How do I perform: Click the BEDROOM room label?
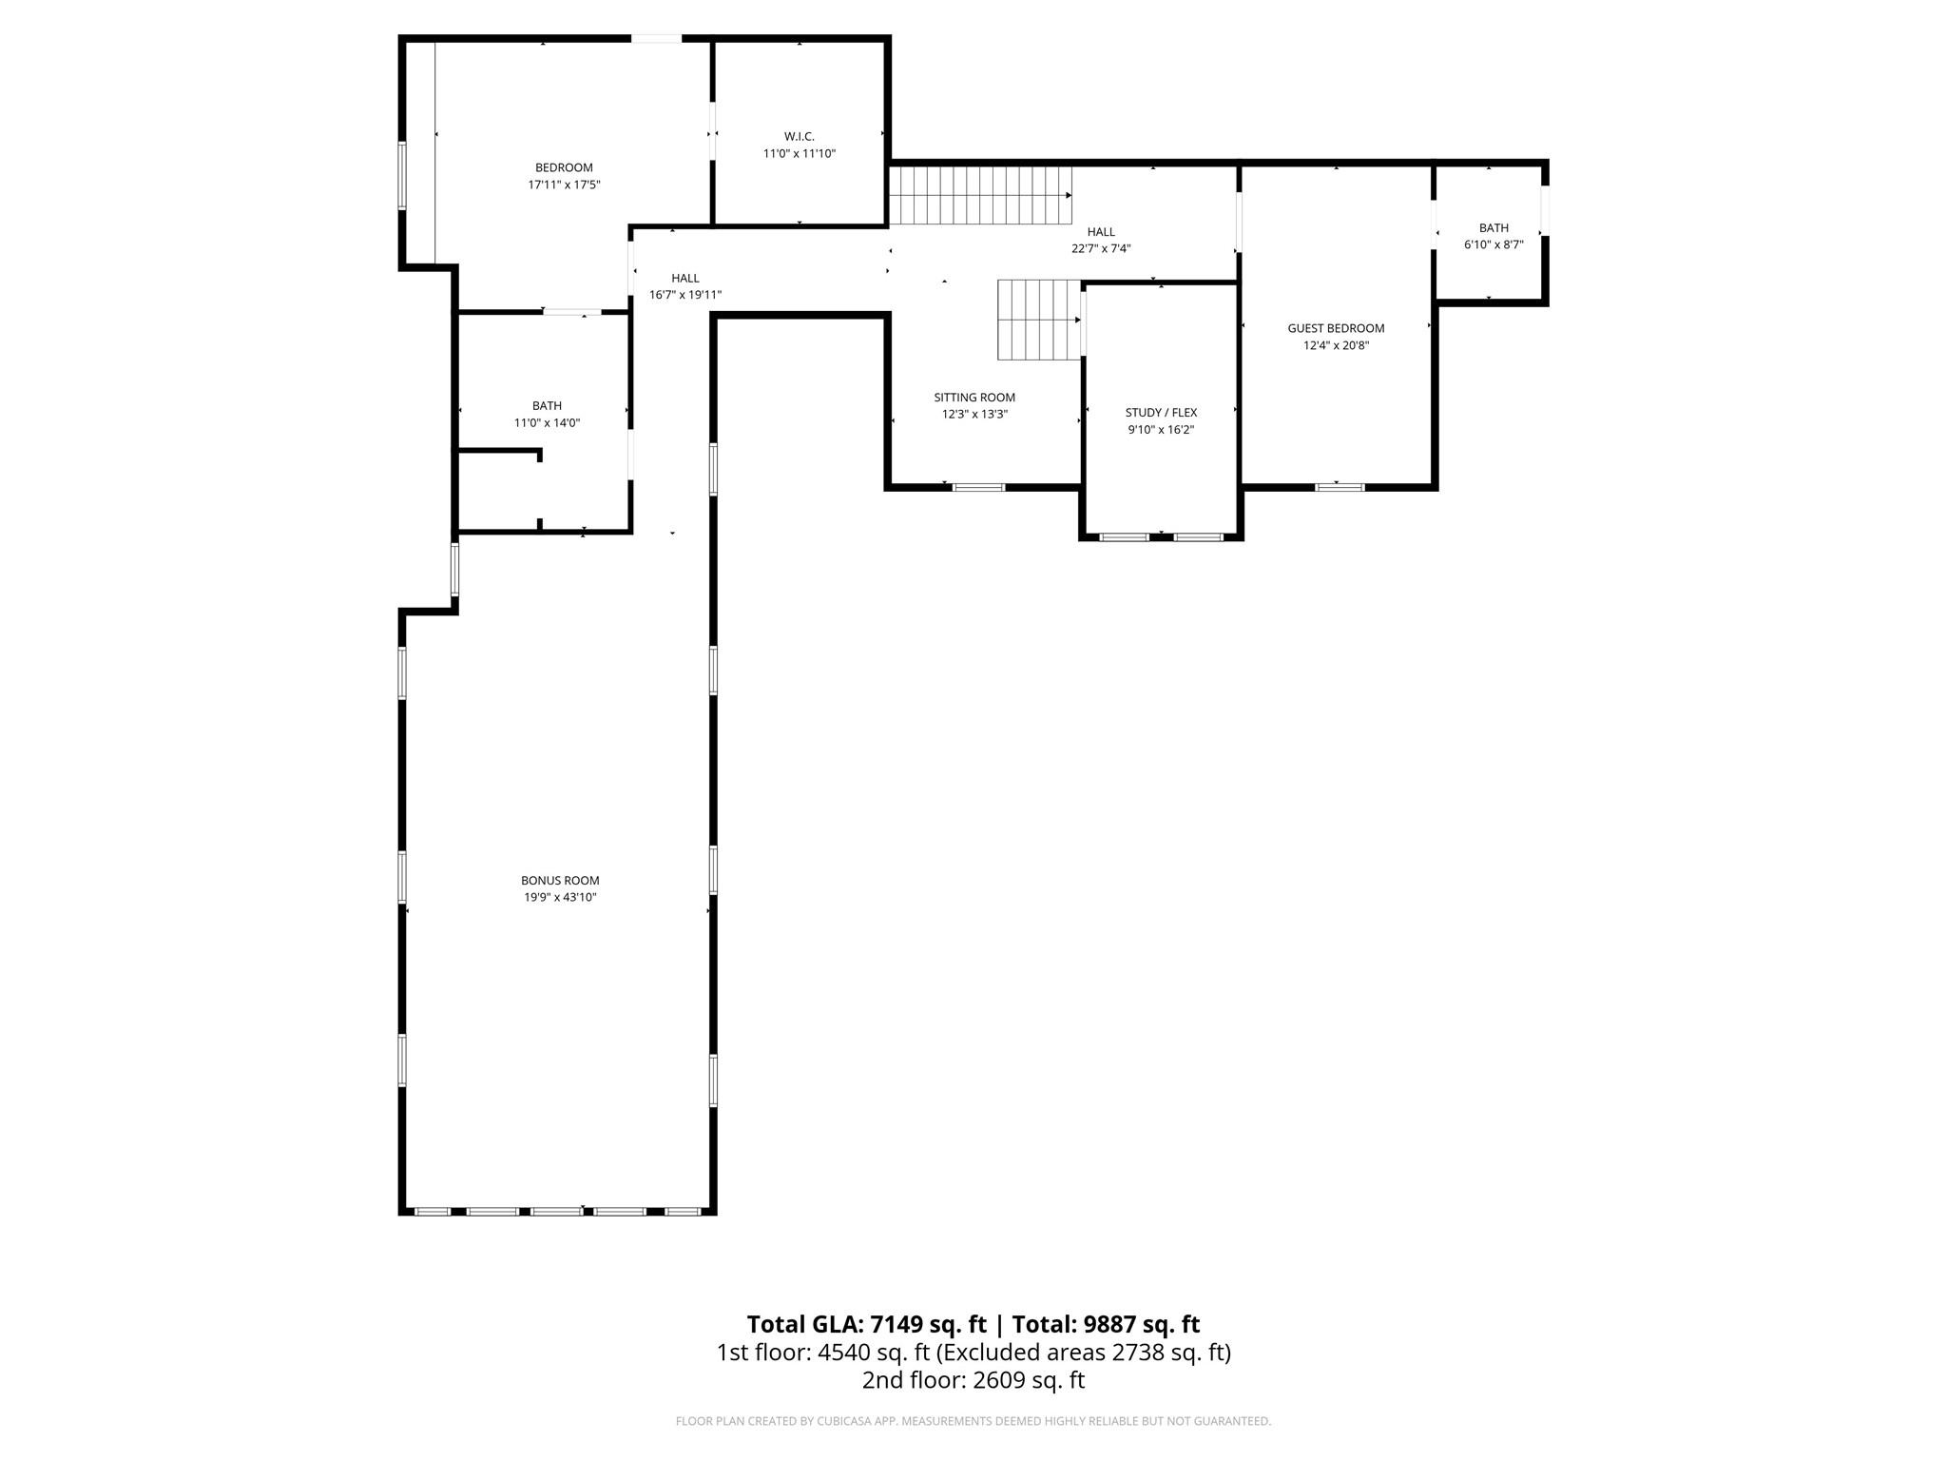pyautogui.click(x=564, y=168)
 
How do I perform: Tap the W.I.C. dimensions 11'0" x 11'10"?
pyautogui.click(x=799, y=154)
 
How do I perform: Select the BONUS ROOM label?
pyautogui.click(x=560, y=881)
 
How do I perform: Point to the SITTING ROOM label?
pyautogui.click(x=974, y=398)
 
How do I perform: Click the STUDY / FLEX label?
pyautogui.click(x=1161, y=413)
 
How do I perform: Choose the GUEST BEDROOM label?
pyautogui.click(x=1336, y=328)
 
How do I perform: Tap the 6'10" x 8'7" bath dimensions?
pyautogui.click(x=1494, y=244)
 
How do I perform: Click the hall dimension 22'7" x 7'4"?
pyautogui.click(x=1101, y=249)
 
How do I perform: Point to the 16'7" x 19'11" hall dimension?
pyautogui.click(x=685, y=295)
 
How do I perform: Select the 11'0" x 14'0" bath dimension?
pyautogui.click(x=547, y=423)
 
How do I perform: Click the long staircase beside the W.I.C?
pyautogui.click(x=979, y=195)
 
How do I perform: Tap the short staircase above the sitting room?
pyautogui.click(x=1038, y=320)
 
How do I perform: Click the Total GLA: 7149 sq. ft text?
pyautogui.click(x=866, y=1324)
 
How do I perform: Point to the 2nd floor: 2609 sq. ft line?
pyautogui.click(x=973, y=1380)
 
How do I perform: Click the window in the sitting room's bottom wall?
pyautogui.click(x=978, y=488)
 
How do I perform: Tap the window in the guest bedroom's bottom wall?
pyautogui.click(x=1340, y=488)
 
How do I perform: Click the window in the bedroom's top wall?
pyautogui.click(x=656, y=39)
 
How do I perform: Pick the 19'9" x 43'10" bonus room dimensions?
pyautogui.click(x=560, y=898)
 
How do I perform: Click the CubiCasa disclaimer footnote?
pyautogui.click(x=973, y=1422)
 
